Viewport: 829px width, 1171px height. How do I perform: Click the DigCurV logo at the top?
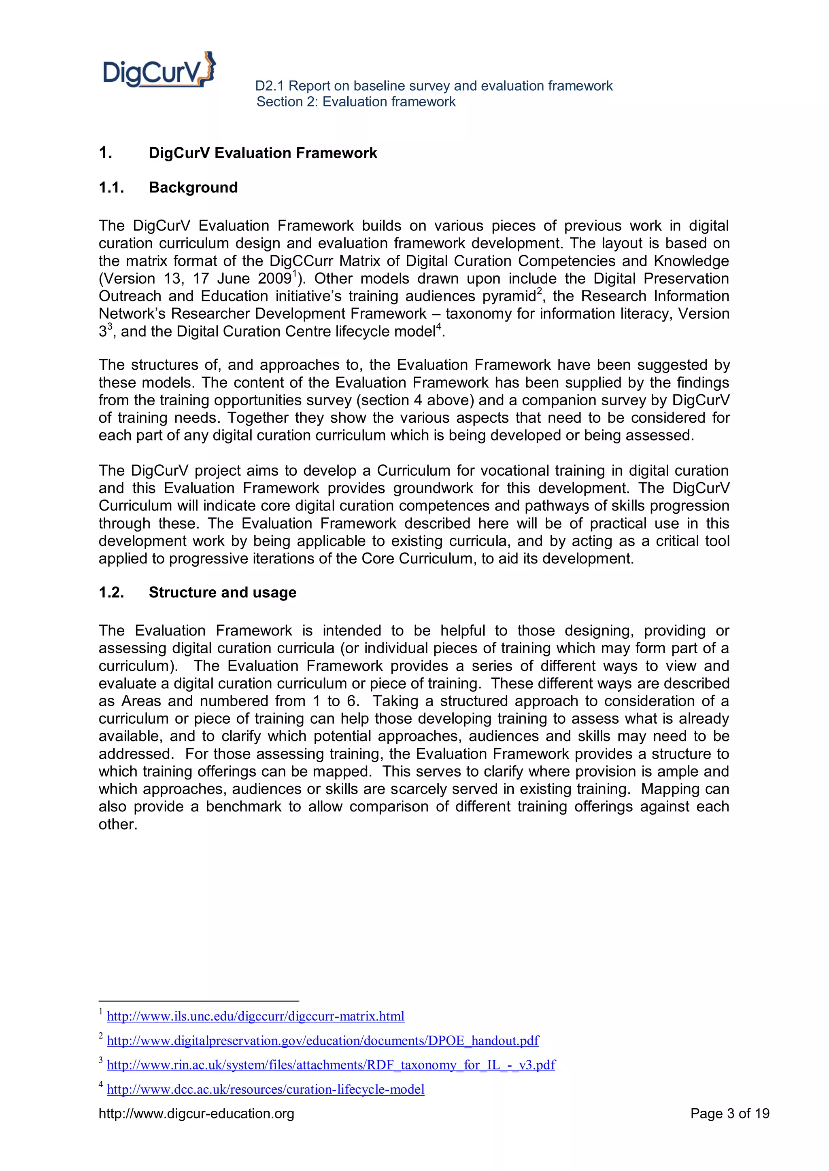click(159, 70)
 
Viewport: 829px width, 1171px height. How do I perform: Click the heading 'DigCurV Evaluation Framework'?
click(262, 153)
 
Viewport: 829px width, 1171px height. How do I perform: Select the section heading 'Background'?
click(193, 188)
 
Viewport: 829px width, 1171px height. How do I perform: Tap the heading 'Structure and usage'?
click(222, 593)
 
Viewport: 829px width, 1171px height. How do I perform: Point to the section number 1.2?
click(111, 593)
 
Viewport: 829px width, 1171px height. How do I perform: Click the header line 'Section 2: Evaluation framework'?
click(356, 102)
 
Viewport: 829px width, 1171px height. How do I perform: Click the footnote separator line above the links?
click(199, 1001)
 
